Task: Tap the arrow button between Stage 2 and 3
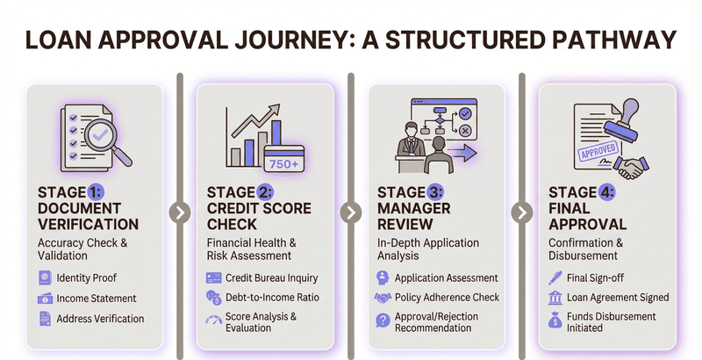coord(350,212)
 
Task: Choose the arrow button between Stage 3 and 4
coord(521,212)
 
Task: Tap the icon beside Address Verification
coord(45,319)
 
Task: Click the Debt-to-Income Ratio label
coord(272,298)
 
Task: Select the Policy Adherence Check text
coord(447,298)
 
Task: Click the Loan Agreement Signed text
coord(619,298)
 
